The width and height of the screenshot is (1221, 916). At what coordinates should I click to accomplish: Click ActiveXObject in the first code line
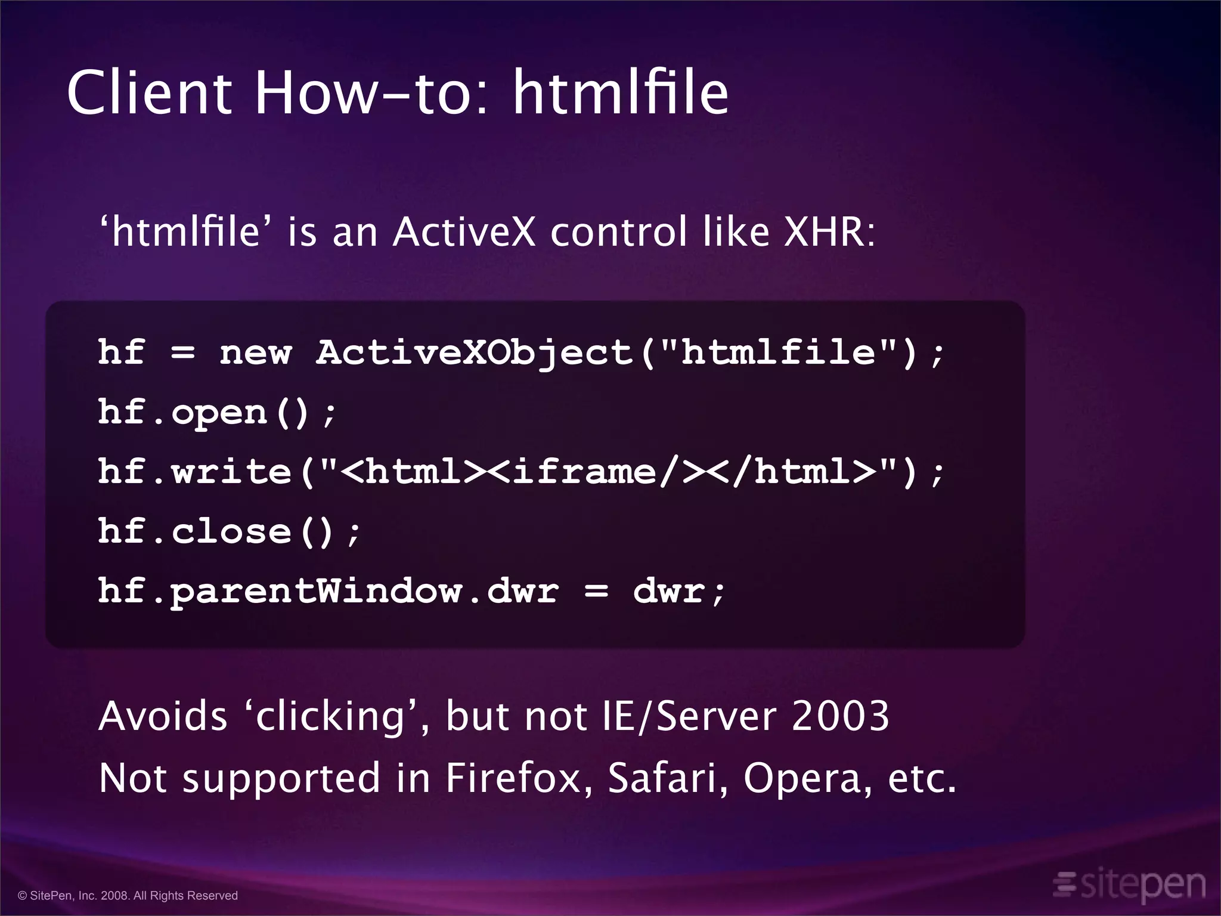[x=474, y=352]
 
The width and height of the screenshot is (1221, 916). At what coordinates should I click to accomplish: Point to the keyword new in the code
[x=255, y=352]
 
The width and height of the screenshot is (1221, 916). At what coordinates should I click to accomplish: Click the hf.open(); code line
[x=218, y=413]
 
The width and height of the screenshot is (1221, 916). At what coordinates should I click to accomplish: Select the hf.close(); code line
[x=230, y=532]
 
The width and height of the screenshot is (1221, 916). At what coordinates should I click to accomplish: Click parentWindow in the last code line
[x=316, y=592]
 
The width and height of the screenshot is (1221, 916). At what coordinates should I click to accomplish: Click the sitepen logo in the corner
[x=1130, y=884]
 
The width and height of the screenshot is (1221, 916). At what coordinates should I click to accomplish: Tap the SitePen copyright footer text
[x=128, y=896]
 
